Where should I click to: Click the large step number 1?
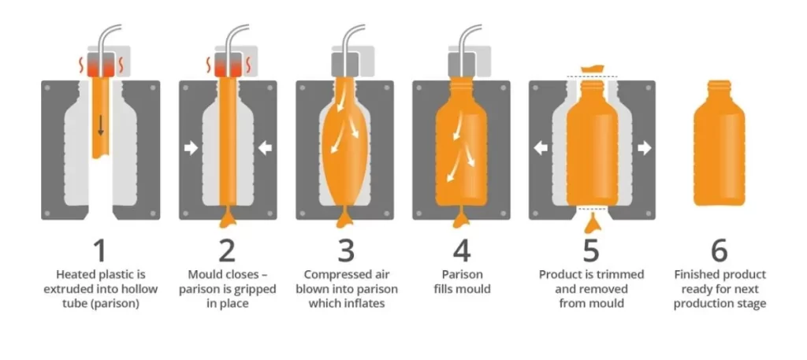[99, 251]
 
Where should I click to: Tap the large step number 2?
[226, 251]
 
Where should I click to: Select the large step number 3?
[346, 251]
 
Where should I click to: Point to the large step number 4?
[462, 251]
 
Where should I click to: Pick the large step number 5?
[591, 251]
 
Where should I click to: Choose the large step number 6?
[719, 251]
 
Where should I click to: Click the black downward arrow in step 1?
[101, 125]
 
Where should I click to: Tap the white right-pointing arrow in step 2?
[191, 148]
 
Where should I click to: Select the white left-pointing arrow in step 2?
[265, 148]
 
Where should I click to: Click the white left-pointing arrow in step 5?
[541, 148]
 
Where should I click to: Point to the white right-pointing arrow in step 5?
[645, 148]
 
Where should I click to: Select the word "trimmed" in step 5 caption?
[623, 275]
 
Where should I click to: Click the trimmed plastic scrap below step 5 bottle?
[593, 223]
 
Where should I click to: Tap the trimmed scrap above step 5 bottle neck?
[592, 69]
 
